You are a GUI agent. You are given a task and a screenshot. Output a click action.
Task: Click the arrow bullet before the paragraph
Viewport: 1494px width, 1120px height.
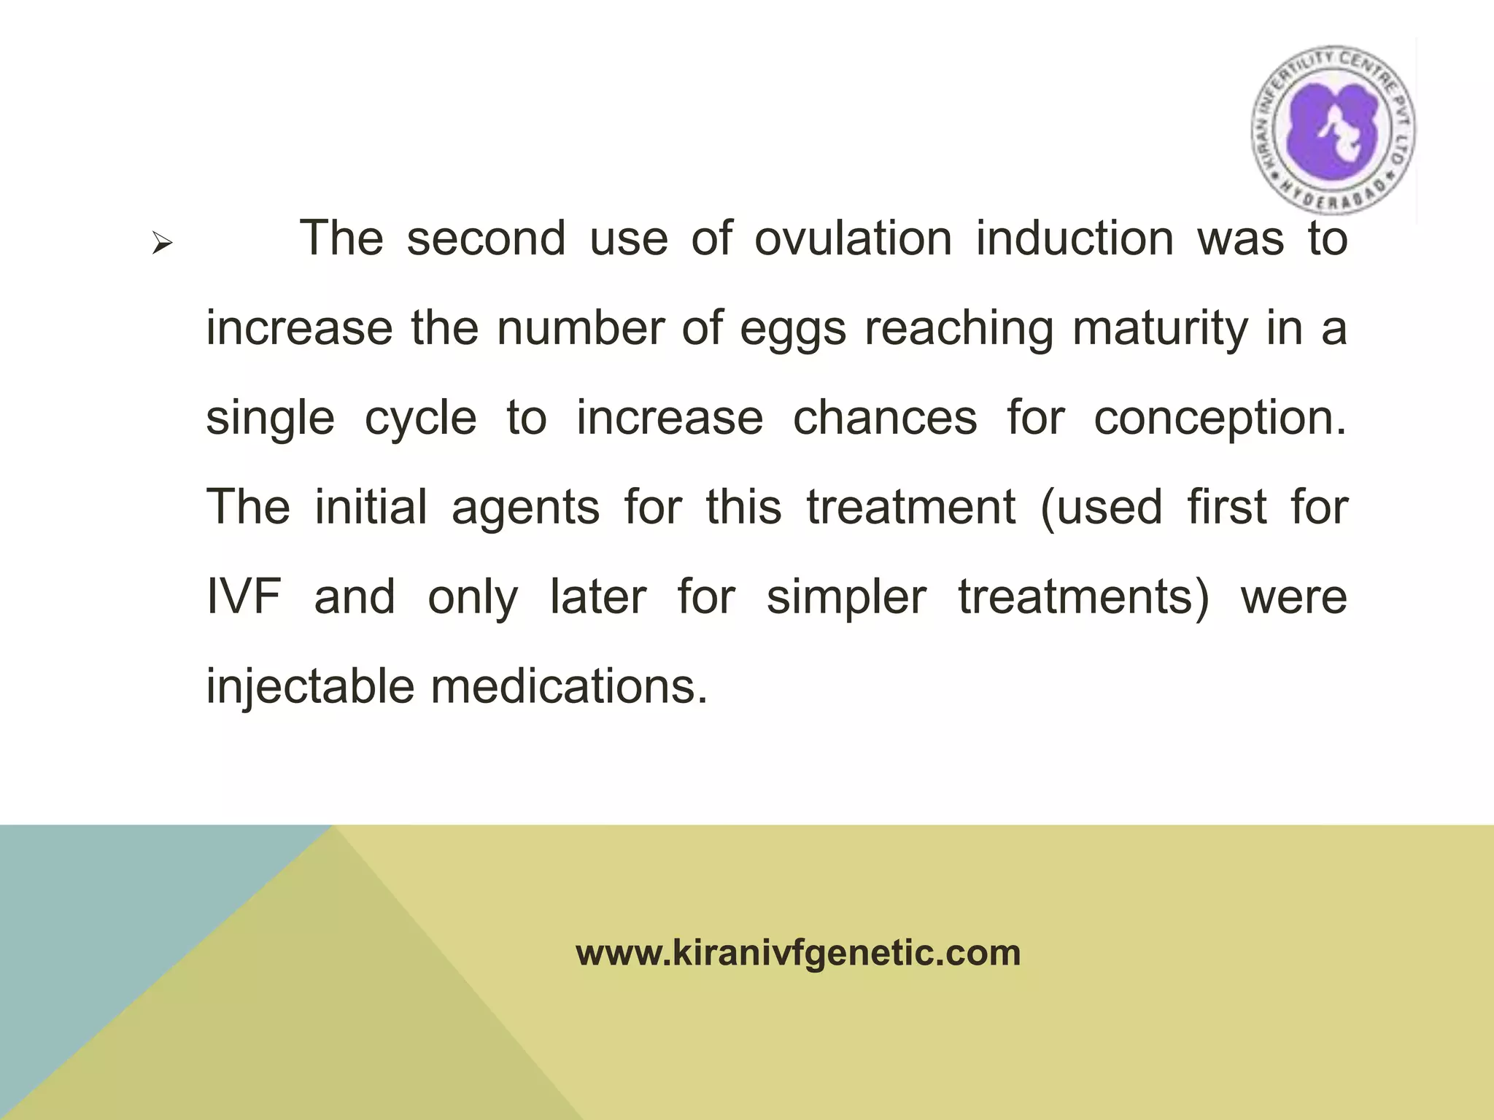tap(162, 244)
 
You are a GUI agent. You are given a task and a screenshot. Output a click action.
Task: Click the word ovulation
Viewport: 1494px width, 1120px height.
tap(853, 238)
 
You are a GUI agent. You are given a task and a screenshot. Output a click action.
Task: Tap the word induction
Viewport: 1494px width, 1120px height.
tap(1075, 238)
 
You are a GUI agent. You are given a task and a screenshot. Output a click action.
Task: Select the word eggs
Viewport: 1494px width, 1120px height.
tap(792, 330)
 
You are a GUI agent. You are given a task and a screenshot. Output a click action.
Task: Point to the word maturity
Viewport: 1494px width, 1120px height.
tap(1160, 330)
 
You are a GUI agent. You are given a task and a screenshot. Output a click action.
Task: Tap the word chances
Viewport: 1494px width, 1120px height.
tap(884, 418)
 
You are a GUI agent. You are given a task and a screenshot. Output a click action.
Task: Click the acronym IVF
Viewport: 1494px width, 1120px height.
tap(244, 596)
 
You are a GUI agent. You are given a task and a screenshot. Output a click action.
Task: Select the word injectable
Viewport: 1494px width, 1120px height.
tap(310, 688)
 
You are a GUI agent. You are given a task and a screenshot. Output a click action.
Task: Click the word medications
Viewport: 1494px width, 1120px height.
tap(569, 686)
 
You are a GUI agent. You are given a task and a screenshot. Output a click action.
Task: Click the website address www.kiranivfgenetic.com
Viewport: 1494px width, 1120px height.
tap(798, 953)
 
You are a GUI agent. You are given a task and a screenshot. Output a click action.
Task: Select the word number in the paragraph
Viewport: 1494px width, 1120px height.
tap(581, 328)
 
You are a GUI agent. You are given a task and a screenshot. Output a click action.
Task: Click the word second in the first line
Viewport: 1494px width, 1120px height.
tap(486, 238)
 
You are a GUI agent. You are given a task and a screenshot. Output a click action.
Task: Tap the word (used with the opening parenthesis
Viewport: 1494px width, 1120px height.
tap(1101, 508)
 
